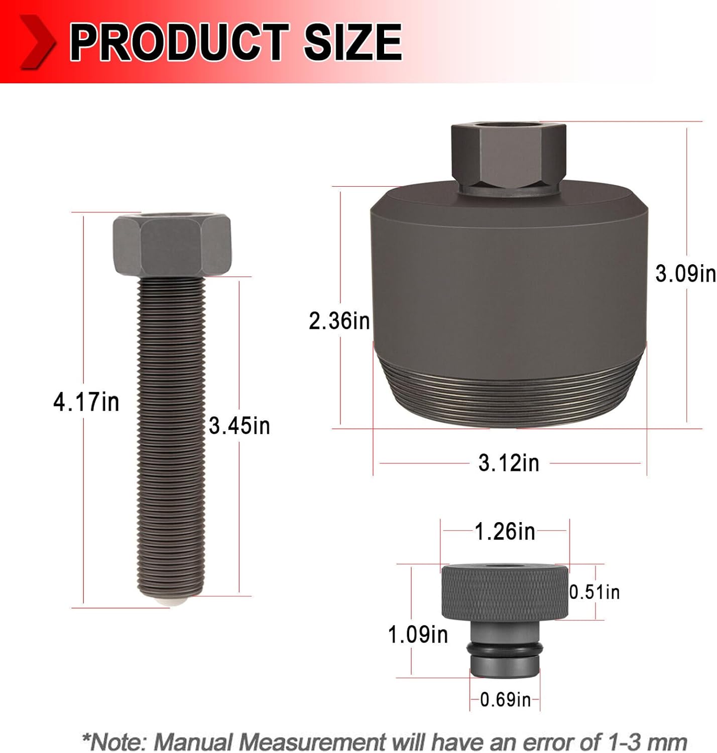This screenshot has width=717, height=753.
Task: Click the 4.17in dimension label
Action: coord(86,402)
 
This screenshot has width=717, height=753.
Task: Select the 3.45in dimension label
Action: coord(240,426)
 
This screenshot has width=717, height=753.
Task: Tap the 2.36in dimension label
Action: coord(339,321)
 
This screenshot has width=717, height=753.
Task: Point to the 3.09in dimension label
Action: coord(685,274)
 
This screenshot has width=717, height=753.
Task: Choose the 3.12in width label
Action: coord(509,462)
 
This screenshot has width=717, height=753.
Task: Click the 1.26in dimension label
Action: coord(505,531)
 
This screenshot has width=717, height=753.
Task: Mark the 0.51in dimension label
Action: coord(594,592)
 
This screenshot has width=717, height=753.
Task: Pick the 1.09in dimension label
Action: coord(418,635)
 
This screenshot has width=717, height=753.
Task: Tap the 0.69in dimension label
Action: coord(505,699)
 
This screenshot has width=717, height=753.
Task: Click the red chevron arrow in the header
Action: coord(38,42)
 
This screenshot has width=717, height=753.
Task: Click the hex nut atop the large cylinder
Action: coord(509,156)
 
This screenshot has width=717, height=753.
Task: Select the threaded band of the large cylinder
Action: coord(509,397)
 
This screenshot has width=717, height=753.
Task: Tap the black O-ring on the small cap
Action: coord(505,650)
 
